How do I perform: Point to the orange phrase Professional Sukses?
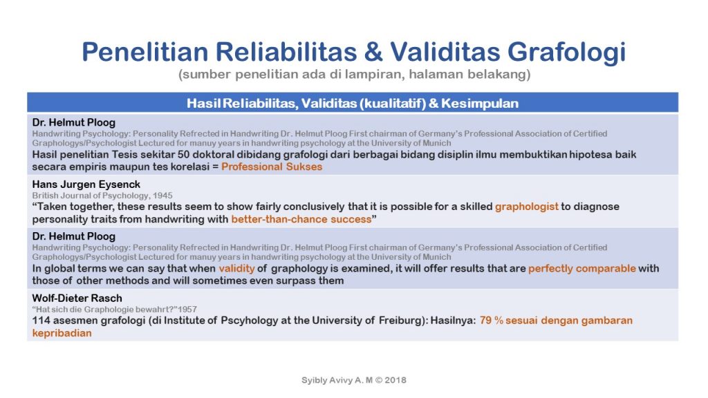pos(272,167)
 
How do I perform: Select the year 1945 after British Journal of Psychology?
pos(162,196)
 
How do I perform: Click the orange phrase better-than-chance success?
pos(301,219)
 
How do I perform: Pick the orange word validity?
pos(237,269)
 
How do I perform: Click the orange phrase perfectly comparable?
pos(581,269)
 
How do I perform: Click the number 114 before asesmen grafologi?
pos(42,321)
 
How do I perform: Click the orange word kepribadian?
pos(62,332)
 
